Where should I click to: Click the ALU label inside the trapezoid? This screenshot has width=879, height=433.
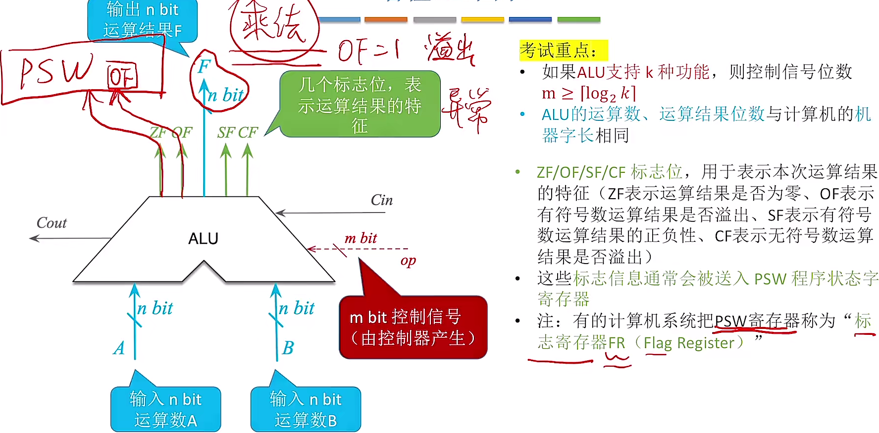point(203,239)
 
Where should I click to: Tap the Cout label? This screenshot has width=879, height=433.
point(52,223)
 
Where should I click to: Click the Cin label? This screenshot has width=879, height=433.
point(381,200)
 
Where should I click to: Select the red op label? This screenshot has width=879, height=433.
point(408,261)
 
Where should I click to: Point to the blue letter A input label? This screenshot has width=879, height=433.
point(119,348)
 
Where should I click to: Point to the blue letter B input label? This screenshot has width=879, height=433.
point(288,348)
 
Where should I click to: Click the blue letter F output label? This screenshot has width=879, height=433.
point(204,66)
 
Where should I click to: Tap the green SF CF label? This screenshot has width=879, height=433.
point(237,132)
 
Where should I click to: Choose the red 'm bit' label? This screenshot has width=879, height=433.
point(361,238)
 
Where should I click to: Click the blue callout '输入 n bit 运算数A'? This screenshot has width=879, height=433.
point(165,409)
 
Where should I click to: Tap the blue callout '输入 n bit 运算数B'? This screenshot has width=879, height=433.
point(306,409)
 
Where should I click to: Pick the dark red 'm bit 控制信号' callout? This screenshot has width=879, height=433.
point(413,327)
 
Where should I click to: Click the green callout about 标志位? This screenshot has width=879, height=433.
point(360,105)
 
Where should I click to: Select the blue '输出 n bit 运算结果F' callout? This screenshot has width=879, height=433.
point(142,20)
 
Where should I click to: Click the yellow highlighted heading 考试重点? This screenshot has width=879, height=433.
point(563,50)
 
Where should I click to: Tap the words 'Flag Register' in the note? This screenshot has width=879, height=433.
point(689,342)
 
